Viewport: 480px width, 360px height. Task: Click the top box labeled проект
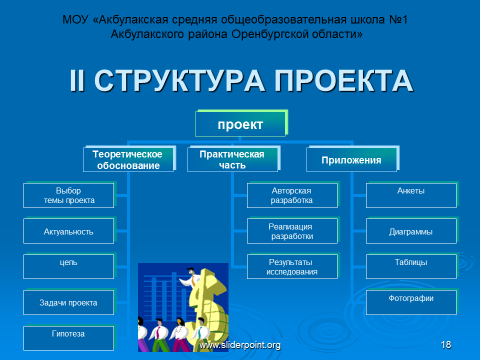click(x=240, y=124)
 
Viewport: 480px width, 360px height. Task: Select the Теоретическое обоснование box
click(x=128, y=159)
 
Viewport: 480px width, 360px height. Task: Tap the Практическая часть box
click(x=232, y=159)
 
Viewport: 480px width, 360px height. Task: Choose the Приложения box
click(x=351, y=159)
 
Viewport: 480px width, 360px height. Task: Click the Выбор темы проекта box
click(x=69, y=195)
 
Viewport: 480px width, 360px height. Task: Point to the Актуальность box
click(x=69, y=231)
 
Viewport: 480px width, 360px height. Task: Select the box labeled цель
click(x=69, y=266)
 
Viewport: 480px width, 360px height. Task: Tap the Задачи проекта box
click(x=69, y=302)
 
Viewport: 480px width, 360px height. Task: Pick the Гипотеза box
click(x=69, y=338)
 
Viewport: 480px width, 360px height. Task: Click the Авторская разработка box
click(x=292, y=195)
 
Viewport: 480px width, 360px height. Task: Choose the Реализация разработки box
click(x=292, y=231)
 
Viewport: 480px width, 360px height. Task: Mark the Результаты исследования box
click(x=292, y=266)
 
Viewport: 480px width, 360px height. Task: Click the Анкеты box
click(x=411, y=195)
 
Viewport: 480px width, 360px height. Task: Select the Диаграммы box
click(x=411, y=231)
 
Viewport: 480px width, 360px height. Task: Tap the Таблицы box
click(x=411, y=266)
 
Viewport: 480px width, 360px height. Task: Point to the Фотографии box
click(x=411, y=302)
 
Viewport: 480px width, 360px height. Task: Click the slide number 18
click(x=446, y=344)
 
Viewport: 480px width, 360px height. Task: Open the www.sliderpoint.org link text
click(x=240, y=345)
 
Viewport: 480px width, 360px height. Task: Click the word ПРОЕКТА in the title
click(x=344, y=81)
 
